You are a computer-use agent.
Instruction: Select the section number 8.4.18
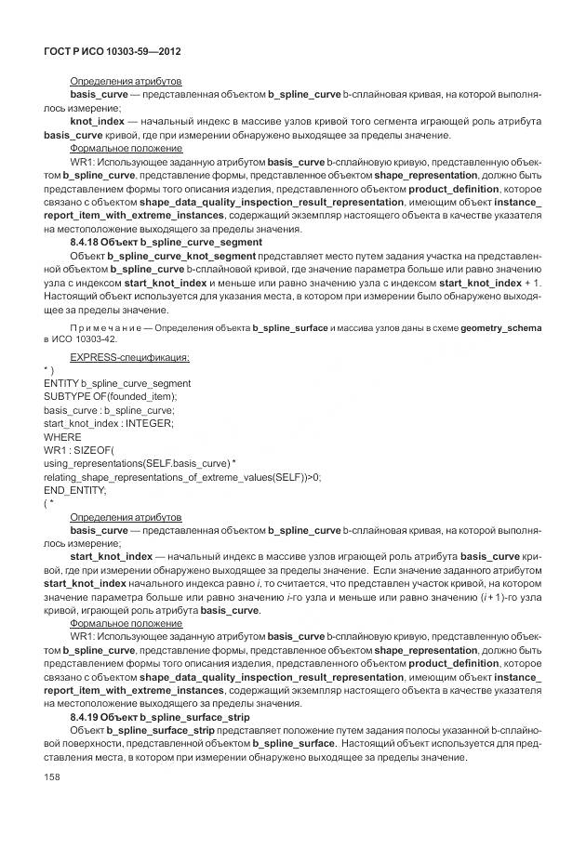tap(88, 242)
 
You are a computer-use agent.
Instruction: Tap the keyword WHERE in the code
tap(62, 436)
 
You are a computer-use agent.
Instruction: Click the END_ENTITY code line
tap(75, 489)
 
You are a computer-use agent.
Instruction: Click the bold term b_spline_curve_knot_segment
tap(181, 255)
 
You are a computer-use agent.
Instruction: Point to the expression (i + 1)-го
tap(503, 596)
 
